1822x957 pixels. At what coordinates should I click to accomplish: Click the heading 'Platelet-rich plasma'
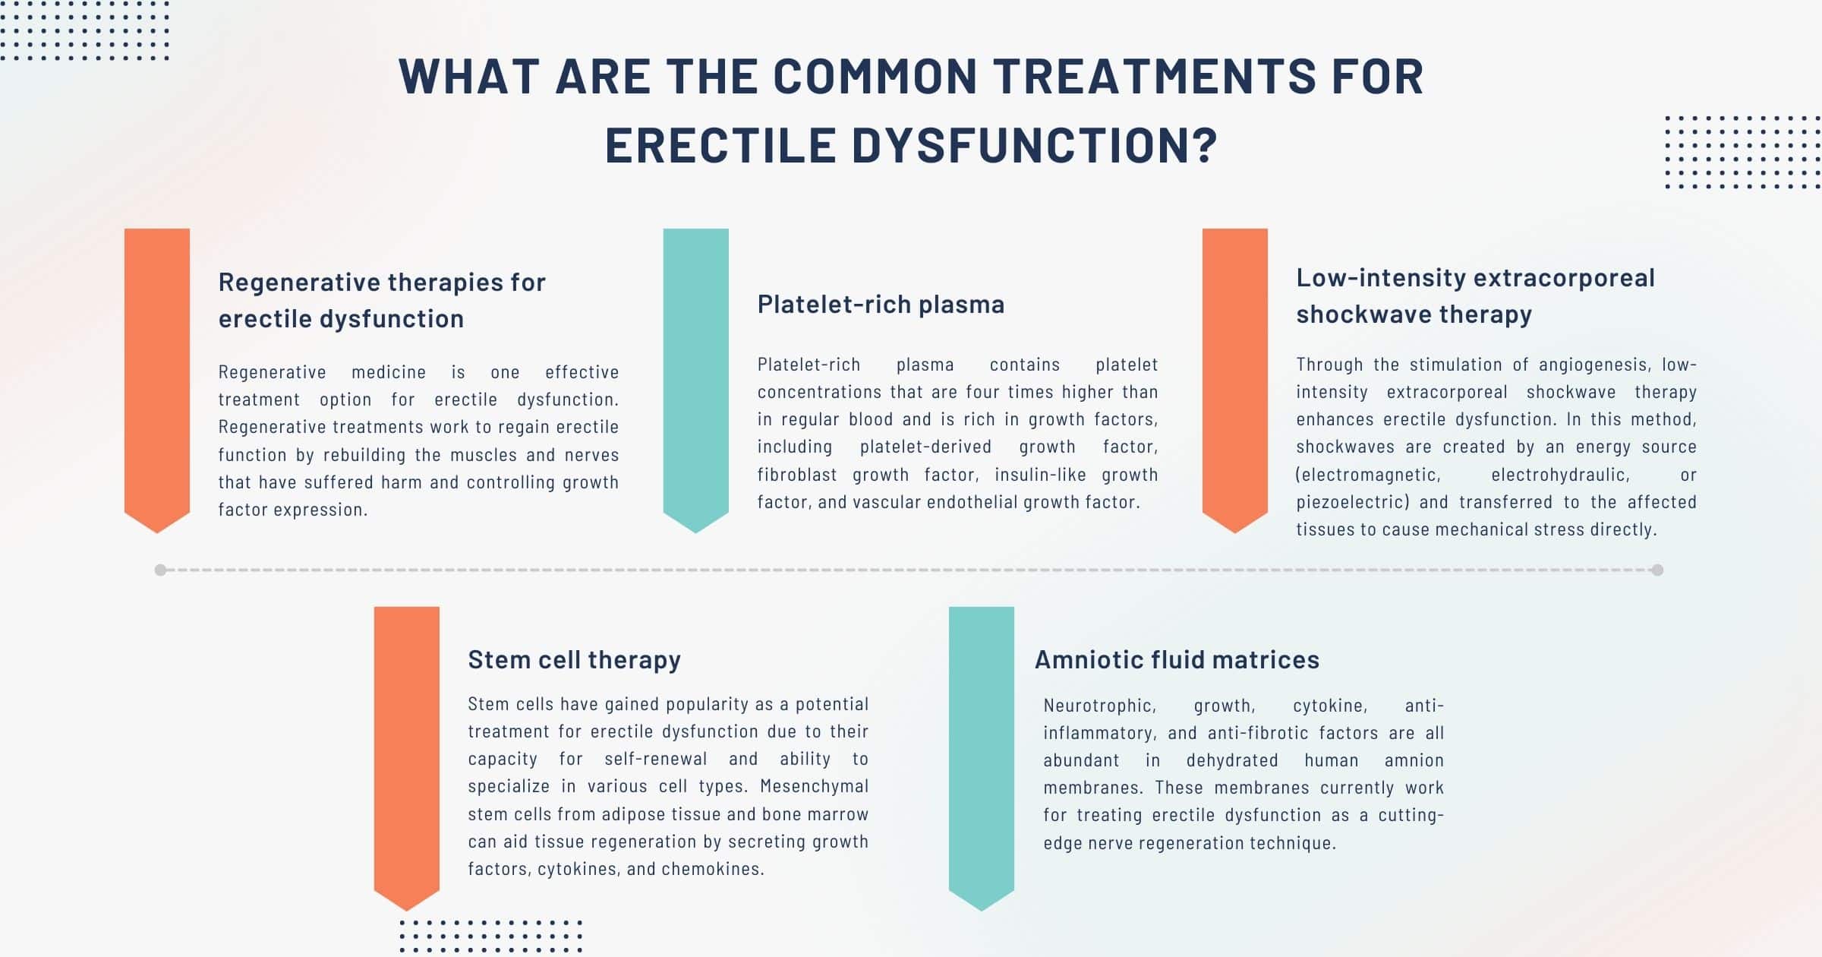pos(881,305)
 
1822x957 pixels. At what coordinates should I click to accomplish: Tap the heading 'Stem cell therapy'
pos(574,660)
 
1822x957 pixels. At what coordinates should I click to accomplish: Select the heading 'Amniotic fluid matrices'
pos(1177,660)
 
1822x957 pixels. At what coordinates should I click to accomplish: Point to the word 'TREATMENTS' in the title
pos(1154,77)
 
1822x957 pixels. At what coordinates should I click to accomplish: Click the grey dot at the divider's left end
pos(160,570)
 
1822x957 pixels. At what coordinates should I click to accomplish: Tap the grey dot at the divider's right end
pos(1657,570)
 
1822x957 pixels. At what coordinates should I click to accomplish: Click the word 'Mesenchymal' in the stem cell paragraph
pos(814,786)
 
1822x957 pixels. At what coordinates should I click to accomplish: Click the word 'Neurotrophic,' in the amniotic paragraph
pos(1099,706)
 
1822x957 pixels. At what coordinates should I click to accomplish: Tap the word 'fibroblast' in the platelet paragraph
pos(797,475)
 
